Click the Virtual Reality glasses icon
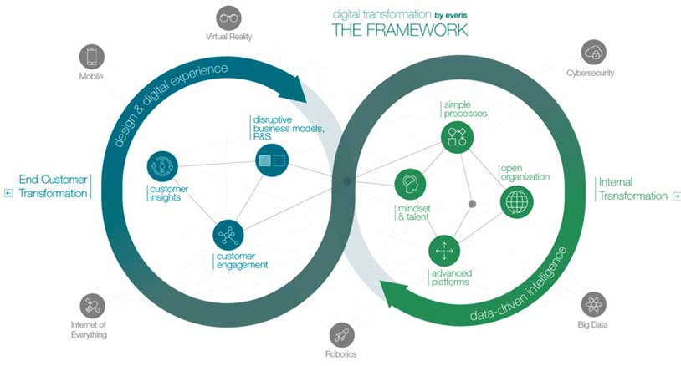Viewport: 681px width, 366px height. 228,18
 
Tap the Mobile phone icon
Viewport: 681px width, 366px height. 90,56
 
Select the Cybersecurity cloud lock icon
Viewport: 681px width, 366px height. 593,50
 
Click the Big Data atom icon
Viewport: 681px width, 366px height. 594,304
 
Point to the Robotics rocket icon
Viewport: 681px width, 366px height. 342,334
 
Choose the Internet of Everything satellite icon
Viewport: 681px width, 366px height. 93,305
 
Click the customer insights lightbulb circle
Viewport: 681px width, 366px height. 161,166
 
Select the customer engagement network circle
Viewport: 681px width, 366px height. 228,235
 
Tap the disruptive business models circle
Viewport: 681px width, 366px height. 272,160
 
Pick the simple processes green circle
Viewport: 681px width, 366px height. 458,136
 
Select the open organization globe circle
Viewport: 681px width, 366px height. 516,201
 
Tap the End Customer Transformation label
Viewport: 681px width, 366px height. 54,186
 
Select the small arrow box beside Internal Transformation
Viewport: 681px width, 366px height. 676,196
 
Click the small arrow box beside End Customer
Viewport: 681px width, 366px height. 8,193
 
